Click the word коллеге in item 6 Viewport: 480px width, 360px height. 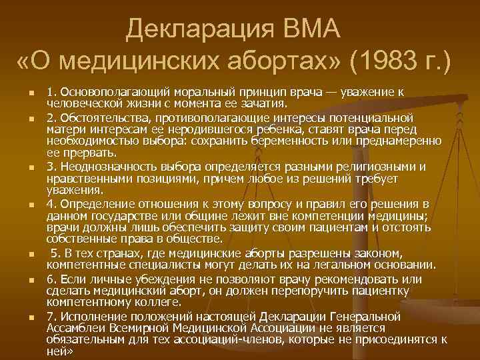click(146, 303)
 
